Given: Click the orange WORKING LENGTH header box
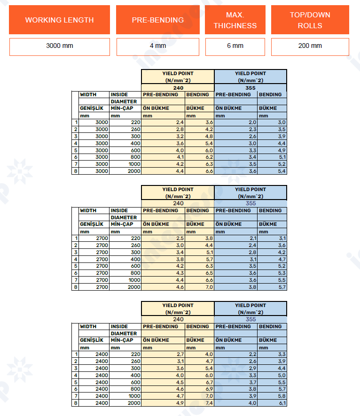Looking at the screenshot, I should tap(59, 20).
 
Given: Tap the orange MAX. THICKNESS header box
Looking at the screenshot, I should tap(235, 20).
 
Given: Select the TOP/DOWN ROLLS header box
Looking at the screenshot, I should tap(310, 20).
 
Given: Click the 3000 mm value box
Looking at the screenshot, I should tap(59, 46).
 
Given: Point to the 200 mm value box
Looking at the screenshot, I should tap(310, 46).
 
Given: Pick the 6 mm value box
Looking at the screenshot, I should tap(235, 46).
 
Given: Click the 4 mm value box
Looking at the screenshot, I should tap(160, 46).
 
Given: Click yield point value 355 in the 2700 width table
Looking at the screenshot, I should tap(250, 203).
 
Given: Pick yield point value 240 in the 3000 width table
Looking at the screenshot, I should tap(178, 87).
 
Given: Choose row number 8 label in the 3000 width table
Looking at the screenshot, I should tap(75, 171).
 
